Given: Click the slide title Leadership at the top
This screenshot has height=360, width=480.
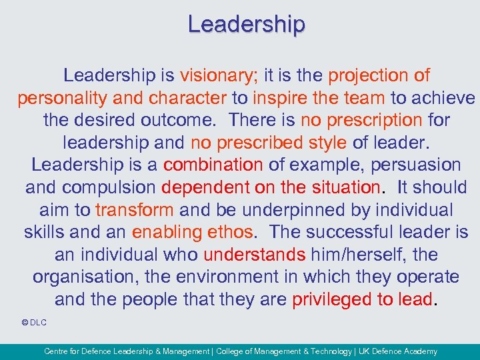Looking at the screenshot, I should pos(247,24).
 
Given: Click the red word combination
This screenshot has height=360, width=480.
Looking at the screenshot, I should pos(213,165).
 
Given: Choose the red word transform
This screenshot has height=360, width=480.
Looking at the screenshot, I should pos(135,210).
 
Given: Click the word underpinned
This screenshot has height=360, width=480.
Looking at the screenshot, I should pos(304,210).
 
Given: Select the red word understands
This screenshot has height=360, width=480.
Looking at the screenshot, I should pos(255,255).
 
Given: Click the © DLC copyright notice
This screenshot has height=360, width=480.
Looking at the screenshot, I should pos(34,323).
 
